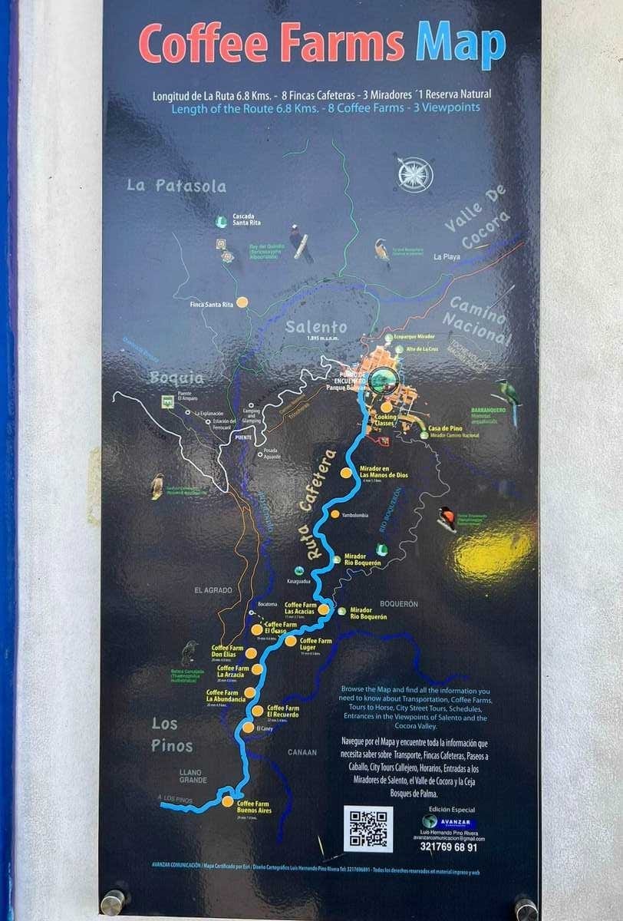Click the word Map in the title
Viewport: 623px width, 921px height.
pos(460,45)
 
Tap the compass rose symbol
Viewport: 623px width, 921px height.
pos(414,173)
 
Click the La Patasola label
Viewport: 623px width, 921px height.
pos(177,186)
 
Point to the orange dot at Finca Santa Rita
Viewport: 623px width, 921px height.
pos(242,302)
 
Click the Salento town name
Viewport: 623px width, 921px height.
pos(316,327)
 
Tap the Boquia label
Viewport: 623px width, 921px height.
pos(176,378)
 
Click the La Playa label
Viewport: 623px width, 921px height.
pos(447,256)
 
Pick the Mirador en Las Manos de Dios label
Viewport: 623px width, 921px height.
pos(384,472)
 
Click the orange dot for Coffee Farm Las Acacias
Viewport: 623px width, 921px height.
pos(324,609)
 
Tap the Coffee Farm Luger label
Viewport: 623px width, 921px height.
pos(315,644)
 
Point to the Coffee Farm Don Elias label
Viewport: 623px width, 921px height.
pos(227,651)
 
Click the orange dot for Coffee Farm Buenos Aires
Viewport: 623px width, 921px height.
pos(227,801)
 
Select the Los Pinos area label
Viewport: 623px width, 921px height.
pos(172,734)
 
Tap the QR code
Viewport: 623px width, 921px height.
pos(368,828)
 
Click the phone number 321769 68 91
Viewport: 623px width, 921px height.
pos(448,847)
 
